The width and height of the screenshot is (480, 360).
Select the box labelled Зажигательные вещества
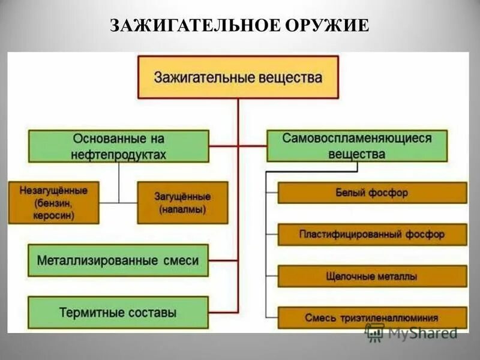click(x=238, y=77)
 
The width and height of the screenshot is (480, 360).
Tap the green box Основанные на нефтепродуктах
click(x=118, y=146)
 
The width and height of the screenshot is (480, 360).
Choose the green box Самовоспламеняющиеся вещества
click(x=356, y=146)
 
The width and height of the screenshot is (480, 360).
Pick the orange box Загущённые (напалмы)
click(x=182, y=203)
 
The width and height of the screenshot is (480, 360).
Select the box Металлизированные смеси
click(x=118, y=260)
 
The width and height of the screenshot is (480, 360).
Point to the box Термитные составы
click(x=118, y=313)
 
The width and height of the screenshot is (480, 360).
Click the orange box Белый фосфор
click(x=372, y=193)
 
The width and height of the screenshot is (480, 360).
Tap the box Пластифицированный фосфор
click(x=372, y=235)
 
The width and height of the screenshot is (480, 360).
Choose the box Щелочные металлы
click(x=372, y=277)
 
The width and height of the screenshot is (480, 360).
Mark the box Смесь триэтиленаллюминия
click(x=372, y=317)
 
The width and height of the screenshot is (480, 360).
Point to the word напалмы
click(x=183, y=210)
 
